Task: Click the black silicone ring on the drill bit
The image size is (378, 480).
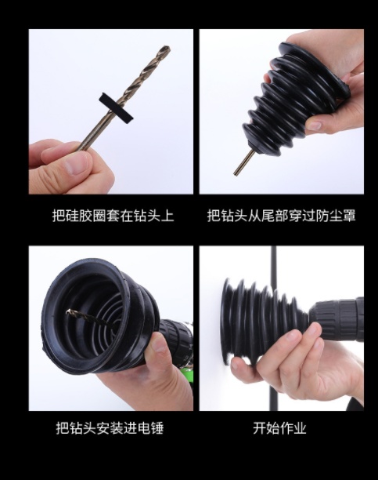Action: point(116,106)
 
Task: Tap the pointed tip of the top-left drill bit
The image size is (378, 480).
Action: point(168,47)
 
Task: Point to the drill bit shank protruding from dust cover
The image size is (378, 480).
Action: point(243,162)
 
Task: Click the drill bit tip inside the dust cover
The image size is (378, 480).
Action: point(69,311)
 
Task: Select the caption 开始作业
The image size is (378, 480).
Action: point(279,428)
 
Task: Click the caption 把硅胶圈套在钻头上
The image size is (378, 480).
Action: point(113,216)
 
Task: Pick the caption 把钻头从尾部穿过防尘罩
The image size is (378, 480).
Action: point(282,216)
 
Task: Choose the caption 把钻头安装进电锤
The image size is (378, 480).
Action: point(110,428)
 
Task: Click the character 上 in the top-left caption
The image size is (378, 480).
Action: point(167,216)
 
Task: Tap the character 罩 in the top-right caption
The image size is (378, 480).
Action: point(349,216)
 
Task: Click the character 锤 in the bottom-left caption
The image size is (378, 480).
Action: point(157,428)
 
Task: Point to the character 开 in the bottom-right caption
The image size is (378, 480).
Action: point(259,428)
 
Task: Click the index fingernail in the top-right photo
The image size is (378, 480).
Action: point(315,125)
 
